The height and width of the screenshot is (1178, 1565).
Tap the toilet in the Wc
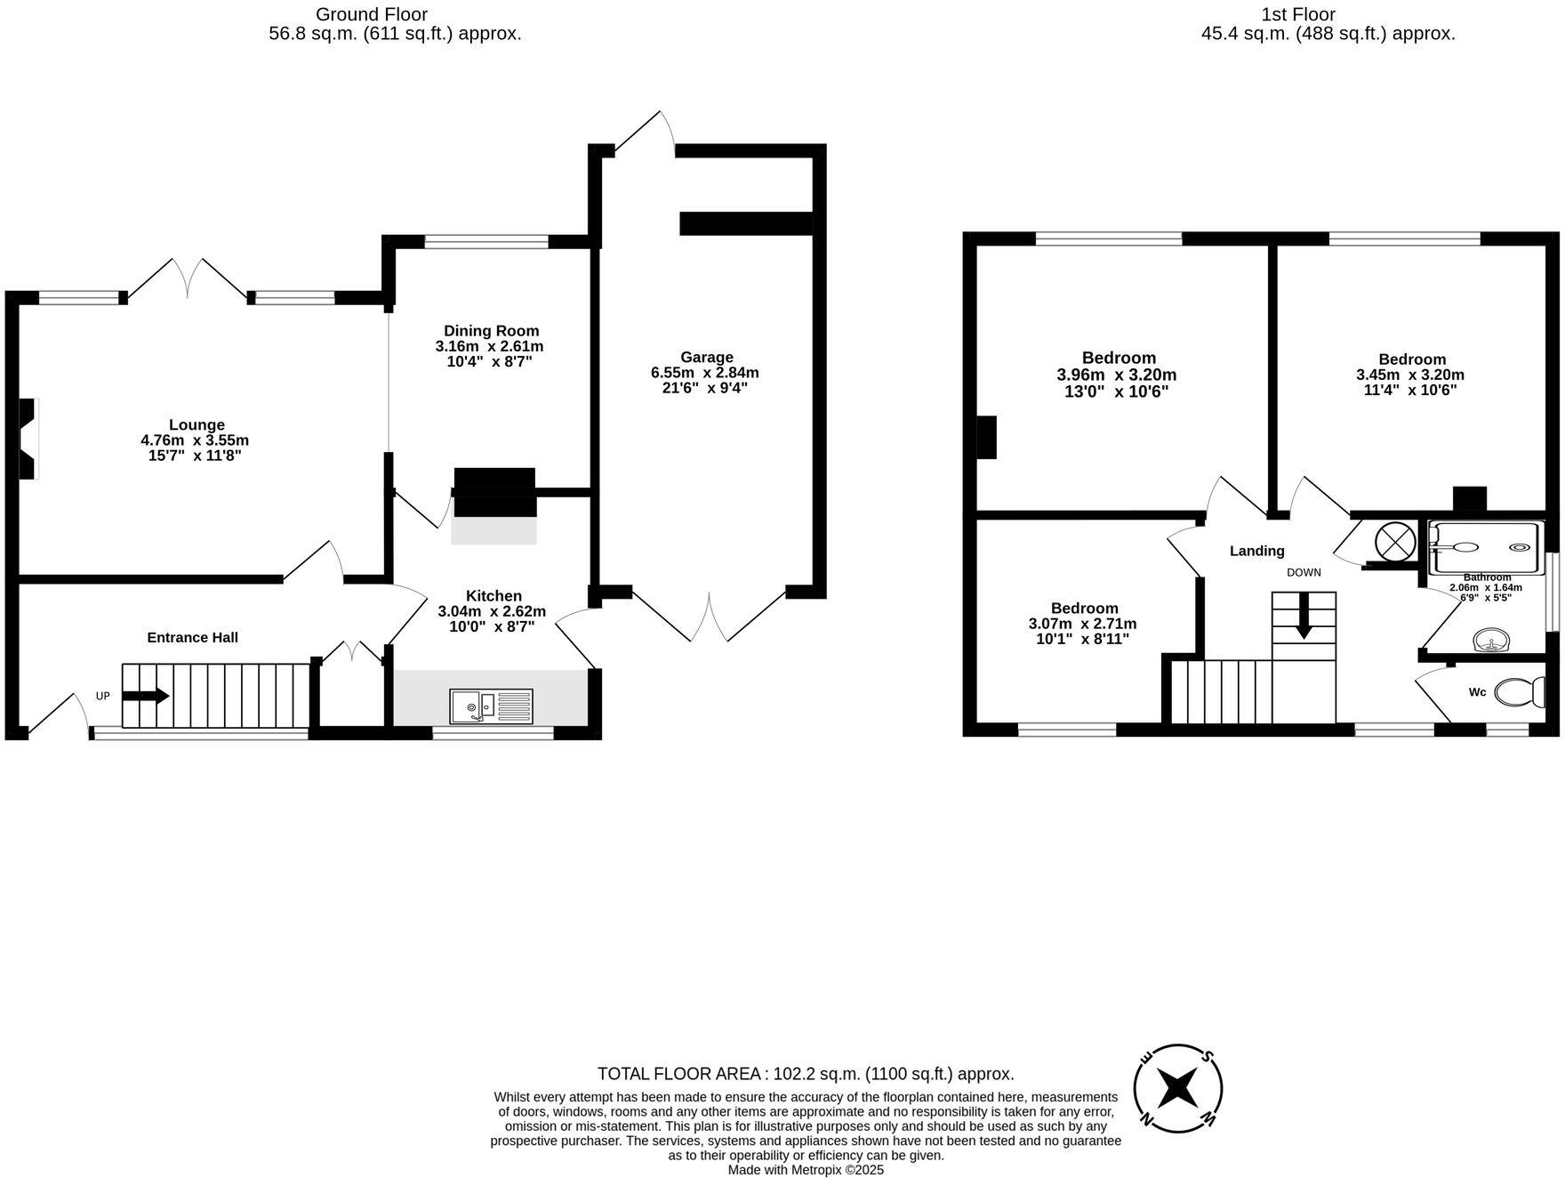(1520, 691)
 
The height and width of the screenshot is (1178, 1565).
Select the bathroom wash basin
(1491, 640)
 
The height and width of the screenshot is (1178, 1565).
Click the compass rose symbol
(1177, 1087)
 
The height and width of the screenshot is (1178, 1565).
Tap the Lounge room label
(197, 424)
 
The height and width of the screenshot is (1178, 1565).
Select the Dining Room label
(491, 331)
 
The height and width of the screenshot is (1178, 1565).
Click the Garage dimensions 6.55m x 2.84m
(705, 373)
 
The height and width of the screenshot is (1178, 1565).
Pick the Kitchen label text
(494, 595)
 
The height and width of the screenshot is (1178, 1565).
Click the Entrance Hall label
(192, 637)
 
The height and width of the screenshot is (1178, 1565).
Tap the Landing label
(1256, 551)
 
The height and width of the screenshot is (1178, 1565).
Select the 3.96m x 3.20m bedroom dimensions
(1116, 375)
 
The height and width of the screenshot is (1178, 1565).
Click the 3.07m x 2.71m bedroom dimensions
(1082, 624)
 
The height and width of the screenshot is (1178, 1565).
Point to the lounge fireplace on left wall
(29, 439)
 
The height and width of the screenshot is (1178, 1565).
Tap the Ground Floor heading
(372, 14)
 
